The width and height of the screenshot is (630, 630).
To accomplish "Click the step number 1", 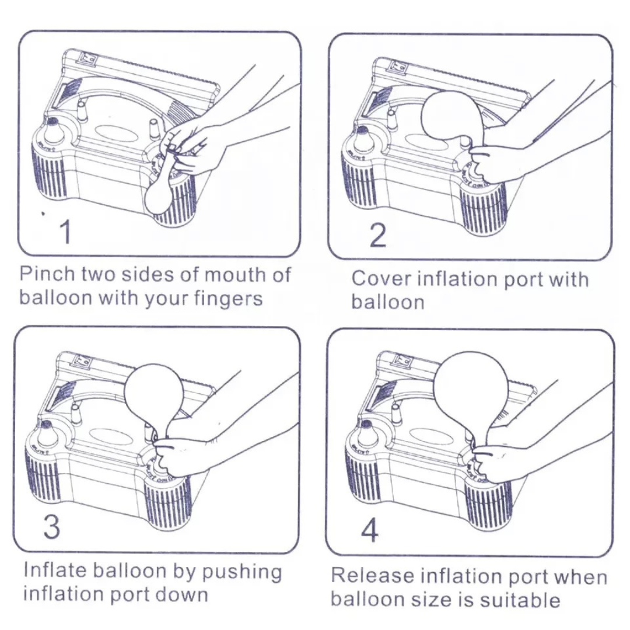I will pyautogui.click(x=65, y=232).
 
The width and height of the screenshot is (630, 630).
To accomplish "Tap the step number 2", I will pyautogui.click(x=379, y=235).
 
